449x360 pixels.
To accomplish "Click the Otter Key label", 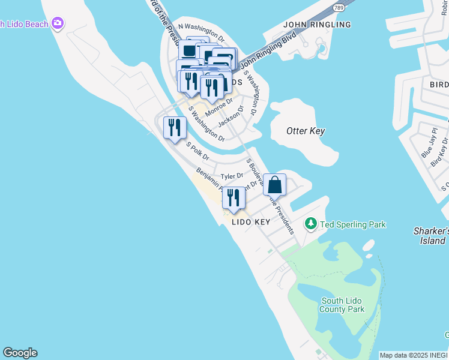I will click(306, 131).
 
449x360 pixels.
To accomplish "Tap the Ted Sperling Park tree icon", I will click(311, 224).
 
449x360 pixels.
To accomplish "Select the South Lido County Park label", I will click(342, 305).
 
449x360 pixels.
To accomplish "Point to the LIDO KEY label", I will click(251, 221).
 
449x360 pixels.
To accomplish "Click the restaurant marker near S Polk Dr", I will click(175, 127).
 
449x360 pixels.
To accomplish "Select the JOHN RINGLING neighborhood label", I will click(317, 25).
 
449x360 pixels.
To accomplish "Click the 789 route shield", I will click(339, 6).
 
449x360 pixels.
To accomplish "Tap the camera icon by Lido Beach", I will click(58, 23).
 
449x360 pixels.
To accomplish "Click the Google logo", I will click(20, 353).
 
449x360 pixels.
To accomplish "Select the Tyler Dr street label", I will click(231, 176).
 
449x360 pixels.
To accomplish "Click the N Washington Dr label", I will click(201, 34).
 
